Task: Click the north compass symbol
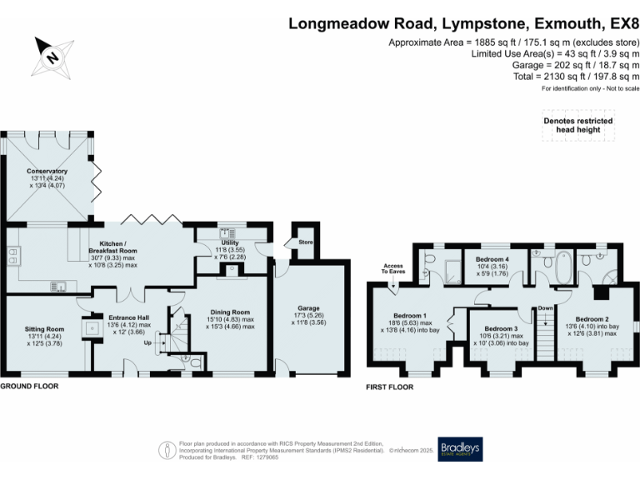(51, 57)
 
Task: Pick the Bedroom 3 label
(501, 329)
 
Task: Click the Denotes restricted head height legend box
(578, 126)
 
